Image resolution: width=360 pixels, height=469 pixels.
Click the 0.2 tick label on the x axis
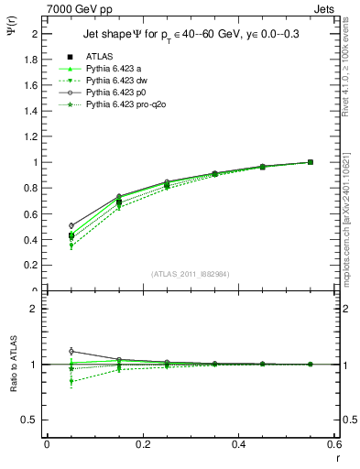(x=142, y=443)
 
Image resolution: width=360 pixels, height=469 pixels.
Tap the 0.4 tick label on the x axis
(x=238, y=443)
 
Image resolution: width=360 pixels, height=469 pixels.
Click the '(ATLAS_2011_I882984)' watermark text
(x=191, y=274)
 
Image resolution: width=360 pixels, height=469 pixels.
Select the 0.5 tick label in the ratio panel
(x=31, y=420)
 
